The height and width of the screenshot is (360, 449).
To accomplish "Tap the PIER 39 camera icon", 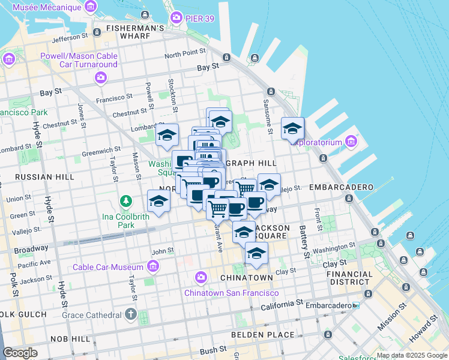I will (176, 17).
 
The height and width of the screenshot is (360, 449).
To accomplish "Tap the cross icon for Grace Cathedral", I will (131, 314).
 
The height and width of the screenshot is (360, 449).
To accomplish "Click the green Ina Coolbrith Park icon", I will (126, 200).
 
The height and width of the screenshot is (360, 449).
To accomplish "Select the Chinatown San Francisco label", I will (231, 293).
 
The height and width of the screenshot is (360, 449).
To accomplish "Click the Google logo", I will (20, 353).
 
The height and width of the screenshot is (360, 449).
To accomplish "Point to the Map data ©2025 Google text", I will (411, 356).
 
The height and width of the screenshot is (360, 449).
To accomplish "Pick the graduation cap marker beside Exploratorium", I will (292, 128).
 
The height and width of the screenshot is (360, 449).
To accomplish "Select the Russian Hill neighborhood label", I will (36, 177).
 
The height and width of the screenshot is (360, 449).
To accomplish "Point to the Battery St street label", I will (304, 242).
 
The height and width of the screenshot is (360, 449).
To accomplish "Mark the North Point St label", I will (188, 55).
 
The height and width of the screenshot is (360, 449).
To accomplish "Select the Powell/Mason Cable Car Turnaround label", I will (79, 60).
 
